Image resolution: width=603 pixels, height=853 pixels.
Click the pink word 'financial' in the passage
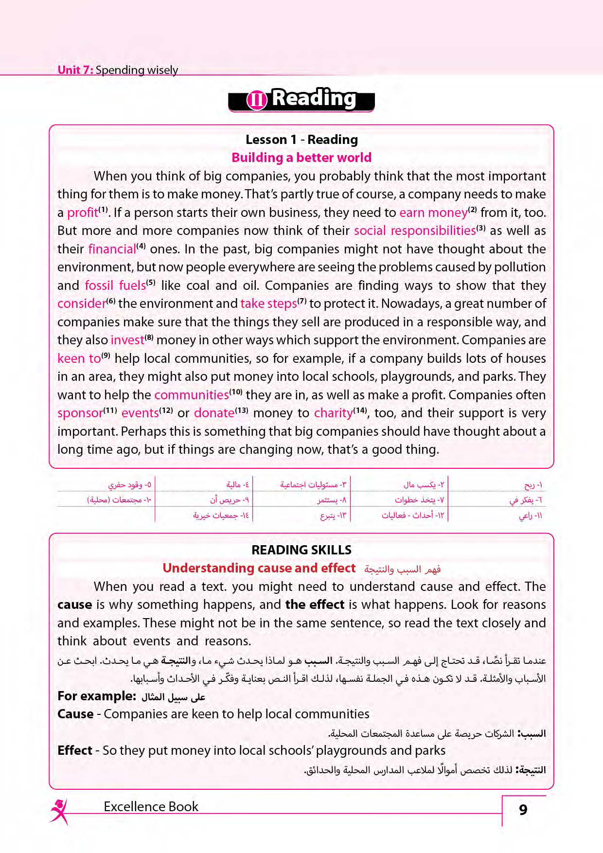[112, 249]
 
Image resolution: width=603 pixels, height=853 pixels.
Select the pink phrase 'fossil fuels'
[115, 285]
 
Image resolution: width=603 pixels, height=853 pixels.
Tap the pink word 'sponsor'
[80, 413]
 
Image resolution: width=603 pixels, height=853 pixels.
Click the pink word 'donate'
[214, 413]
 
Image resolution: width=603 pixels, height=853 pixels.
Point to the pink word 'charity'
[333, 413]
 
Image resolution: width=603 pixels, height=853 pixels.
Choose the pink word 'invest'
[127, 340]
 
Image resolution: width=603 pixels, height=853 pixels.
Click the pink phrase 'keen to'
[79, 358]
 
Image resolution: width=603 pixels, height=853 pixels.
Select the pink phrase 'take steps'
[268, 304]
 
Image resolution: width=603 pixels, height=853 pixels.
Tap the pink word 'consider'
[81, 304]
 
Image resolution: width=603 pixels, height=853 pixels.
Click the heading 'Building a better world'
[301, 158]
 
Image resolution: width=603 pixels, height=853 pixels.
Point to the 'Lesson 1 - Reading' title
[301, 140]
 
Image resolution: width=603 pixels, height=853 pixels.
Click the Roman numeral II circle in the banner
[257, 100]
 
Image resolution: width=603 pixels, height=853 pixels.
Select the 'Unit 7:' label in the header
[75, 70]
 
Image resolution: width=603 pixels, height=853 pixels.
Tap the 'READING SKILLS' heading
[301, 550]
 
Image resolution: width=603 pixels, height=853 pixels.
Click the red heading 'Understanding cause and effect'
[259, 568]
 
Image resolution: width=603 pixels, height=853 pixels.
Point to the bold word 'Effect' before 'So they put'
[75, 750]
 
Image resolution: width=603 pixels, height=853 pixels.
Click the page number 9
[523, 810]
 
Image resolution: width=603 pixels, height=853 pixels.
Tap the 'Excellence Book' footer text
[151, 807]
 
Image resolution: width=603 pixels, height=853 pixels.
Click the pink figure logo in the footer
[59, 811]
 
